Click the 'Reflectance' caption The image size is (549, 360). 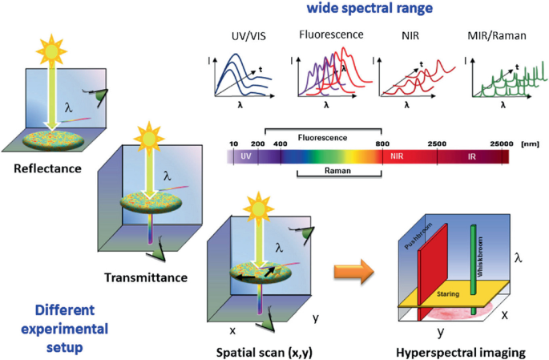click(44, 169)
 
